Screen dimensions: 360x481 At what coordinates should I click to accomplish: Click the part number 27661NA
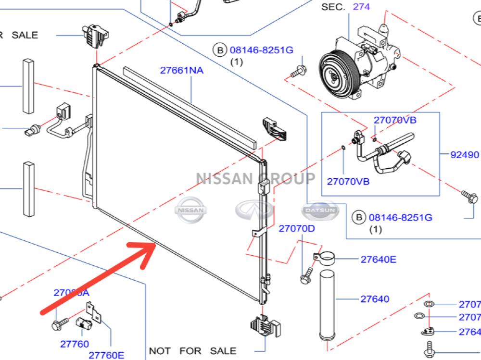pos(181,71)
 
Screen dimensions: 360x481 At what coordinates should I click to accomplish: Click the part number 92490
pos(464,155)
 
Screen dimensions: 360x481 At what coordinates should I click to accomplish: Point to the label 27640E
pos(379,260)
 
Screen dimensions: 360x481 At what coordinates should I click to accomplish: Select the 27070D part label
pos(296,228)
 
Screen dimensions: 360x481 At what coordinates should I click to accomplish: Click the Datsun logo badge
pos(320,211)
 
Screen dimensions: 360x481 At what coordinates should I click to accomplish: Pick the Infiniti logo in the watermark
pos(254,210)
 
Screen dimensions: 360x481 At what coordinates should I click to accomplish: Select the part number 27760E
pos(107,355)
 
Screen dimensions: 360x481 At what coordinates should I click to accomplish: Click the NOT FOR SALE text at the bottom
pos(192,351)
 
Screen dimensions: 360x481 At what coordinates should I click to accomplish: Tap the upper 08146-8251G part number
pos(261,50)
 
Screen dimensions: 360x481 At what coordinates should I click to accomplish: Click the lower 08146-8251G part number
pos(400,217)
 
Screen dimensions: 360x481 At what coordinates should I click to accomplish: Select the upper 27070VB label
pos(395,120)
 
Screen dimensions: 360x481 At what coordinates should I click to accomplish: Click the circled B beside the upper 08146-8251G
pos(219,50)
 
